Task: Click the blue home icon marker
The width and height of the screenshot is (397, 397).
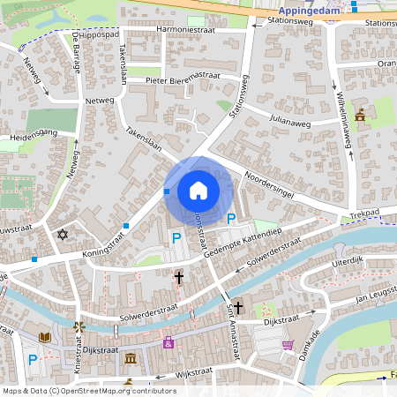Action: (x=198, y=190)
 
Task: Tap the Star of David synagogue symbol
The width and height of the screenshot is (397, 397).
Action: (x=62, y=235)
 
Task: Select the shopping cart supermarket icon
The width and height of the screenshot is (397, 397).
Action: (x=287, y=345)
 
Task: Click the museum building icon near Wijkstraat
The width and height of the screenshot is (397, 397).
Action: (x=131, y=358)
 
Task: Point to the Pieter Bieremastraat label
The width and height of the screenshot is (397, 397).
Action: (x=183, y=79)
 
